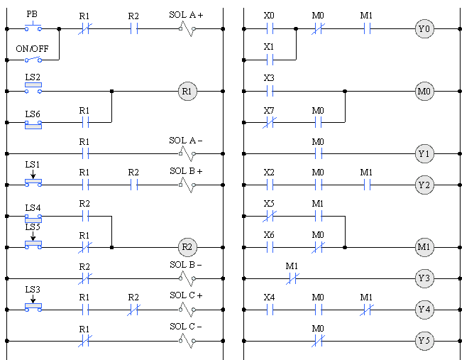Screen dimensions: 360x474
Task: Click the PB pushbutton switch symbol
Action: [x=33, y=28]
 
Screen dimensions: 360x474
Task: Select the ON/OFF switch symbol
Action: [x=33, y=60]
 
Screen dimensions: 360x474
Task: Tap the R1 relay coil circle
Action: [x=187, y=91]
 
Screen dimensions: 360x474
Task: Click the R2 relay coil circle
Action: [x=187, y=247]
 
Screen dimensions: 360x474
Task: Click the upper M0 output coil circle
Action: [x=424, y=92]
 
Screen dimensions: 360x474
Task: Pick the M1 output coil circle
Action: [x=424, y=247]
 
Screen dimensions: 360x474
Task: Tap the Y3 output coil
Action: [x=424, y=278]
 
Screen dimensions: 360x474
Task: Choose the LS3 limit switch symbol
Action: [x=33, y=307]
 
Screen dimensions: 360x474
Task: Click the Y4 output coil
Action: [x=424, y=310]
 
